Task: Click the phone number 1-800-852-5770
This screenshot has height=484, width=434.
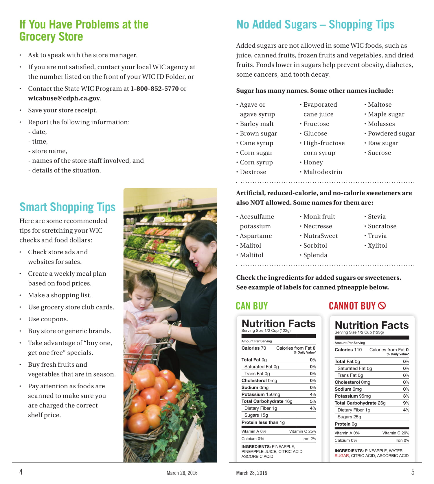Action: (155, 88)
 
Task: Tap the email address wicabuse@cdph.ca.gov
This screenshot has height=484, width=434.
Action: (64, 98)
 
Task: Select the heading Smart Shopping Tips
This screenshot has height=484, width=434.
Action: (67, 207)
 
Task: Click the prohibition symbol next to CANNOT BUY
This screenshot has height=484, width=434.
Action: (382, 305)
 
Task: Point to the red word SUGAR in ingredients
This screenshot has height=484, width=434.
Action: (341, 456)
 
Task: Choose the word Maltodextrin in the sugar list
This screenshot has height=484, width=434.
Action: (323, 172)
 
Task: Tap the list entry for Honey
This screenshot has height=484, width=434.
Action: (313, 162)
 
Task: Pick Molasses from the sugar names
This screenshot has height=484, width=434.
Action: (381, 124)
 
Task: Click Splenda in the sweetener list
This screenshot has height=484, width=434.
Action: (315, 255)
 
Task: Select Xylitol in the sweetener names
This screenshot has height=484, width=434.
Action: (377, 246)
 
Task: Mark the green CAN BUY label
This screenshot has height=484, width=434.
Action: (252, 306)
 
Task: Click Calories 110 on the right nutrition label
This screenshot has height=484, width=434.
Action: (348, 350)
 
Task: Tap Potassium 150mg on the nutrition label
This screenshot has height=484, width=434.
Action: (261, 394)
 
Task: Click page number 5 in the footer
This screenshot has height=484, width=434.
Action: (413, 472)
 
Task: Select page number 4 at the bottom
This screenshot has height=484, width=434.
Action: (21, 472)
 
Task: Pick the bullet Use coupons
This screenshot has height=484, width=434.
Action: (48, 319)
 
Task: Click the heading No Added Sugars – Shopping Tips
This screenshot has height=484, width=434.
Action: (315, 25)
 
